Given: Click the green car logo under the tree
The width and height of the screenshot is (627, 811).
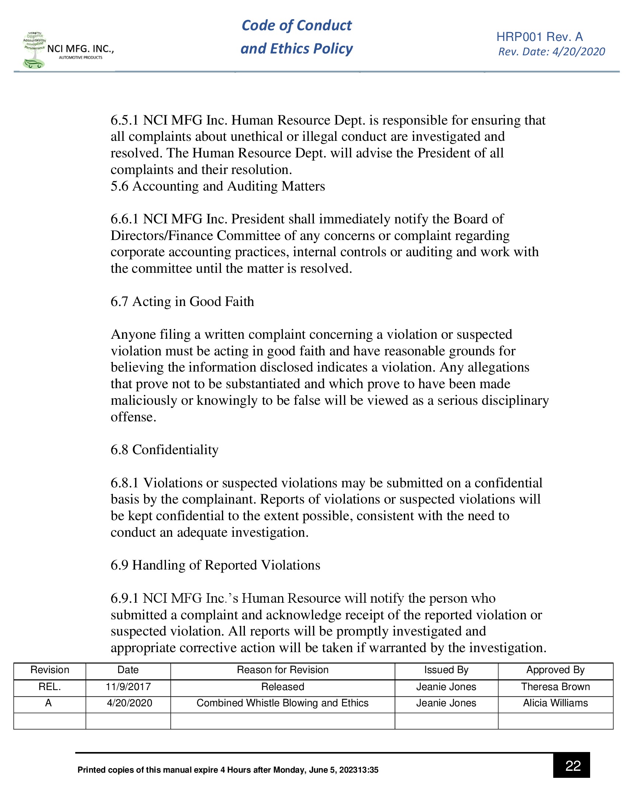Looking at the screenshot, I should (x=34, y=64).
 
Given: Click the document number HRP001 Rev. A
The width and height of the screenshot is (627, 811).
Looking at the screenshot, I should (x=539, y=37).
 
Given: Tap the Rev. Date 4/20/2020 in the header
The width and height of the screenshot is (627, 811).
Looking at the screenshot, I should (x=552, y=52).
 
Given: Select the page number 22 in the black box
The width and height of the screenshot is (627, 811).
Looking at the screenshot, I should (x=572, y=765).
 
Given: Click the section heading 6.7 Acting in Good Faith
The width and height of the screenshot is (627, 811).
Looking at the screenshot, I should (x=182, y=302).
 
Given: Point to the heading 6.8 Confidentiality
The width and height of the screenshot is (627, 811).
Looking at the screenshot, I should (x=164, y=450).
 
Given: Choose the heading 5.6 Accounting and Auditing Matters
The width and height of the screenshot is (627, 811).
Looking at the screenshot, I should (x=218, y=186).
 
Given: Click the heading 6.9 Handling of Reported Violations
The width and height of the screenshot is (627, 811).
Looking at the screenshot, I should (x=215, y=565).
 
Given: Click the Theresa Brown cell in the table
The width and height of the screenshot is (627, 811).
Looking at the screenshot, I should (x=555, y=687).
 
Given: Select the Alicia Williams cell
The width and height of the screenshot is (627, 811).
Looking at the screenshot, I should (x=555, y=703).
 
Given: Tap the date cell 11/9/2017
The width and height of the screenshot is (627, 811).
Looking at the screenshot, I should (x=128, y=687).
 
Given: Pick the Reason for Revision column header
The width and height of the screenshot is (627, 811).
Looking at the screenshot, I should (x=282, y=670).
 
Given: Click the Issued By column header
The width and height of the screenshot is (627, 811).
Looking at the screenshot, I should (x=446, y=670).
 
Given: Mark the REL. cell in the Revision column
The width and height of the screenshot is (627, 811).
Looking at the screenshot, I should (x=49, y=687).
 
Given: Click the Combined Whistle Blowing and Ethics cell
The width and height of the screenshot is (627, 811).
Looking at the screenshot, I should (x=282, y=703).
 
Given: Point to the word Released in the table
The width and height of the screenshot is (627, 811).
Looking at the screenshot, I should (x=282, y=687).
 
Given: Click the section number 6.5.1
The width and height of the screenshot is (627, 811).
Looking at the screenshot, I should (x=124, y=120).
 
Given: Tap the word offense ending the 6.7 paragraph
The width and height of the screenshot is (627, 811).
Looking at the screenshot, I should (x=133, y=417).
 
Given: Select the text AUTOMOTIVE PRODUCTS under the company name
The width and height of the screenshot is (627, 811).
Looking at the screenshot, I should (x=81, y=58).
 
